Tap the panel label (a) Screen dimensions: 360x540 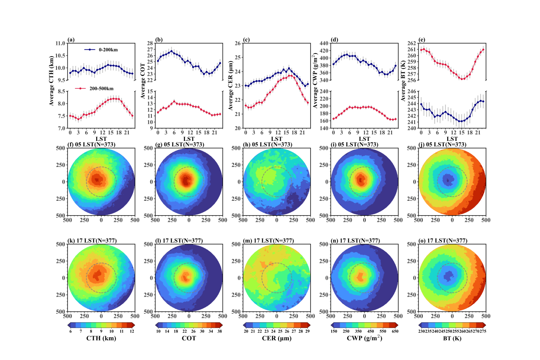click(71, 40)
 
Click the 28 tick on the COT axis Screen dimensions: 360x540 click(149, 43)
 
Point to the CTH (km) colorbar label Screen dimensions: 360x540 click(101, 338)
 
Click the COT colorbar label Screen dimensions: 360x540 click(189, 338)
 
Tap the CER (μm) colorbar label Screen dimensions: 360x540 click(276, 338)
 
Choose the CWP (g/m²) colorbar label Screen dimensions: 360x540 click(364, 338)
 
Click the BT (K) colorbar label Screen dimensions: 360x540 click(452, 338)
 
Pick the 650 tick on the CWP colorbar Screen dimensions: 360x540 click(394, 331)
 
